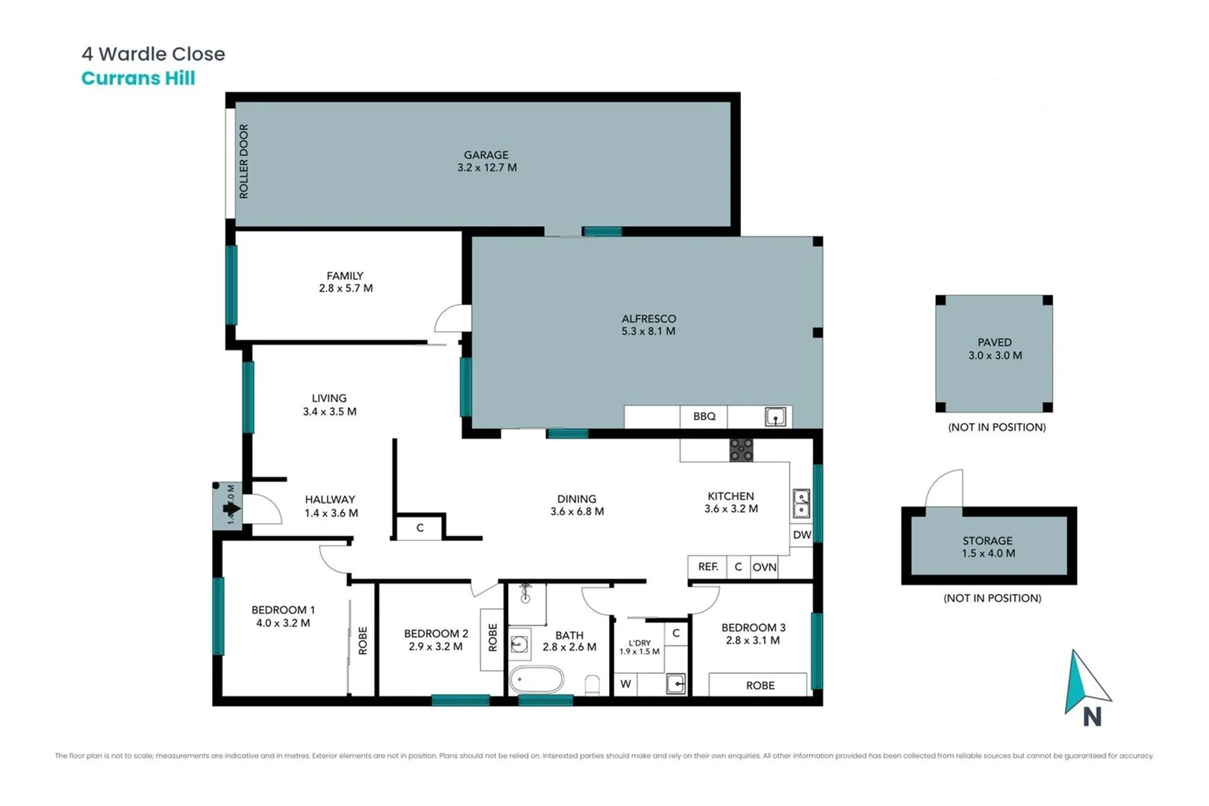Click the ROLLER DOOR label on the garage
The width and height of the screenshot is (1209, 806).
[x=243, y=161]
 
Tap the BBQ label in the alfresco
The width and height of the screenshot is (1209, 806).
[x=704, y=416]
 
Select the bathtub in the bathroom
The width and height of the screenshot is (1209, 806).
[x=536, y=681]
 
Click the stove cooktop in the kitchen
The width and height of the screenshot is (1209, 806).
[x=741, y=449]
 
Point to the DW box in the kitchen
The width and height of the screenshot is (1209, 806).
[x=802, y=535]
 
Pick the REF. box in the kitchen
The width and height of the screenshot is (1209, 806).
[x=707, y=567]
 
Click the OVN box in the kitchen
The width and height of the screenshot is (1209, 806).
[x=764, y=567]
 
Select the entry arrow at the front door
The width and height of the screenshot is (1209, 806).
[x=231, y=509]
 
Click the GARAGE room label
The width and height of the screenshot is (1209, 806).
[x=486, y=155]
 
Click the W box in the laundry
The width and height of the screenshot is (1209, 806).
[x=625, y=684]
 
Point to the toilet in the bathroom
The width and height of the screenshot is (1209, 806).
[x=593, y=684]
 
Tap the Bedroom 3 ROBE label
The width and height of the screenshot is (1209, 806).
[x=760, y=685]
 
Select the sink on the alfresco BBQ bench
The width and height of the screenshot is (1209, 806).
[x=775, y=416]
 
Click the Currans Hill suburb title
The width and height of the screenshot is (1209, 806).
[x=138, y=78]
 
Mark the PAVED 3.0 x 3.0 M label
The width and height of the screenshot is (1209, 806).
[x=995, y=349]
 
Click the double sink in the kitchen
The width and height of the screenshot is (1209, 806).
[x=801, y=503]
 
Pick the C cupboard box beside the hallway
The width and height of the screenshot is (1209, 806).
[x=419, y=528]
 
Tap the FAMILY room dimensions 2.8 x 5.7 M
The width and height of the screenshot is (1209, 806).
[x=346, y=288]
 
